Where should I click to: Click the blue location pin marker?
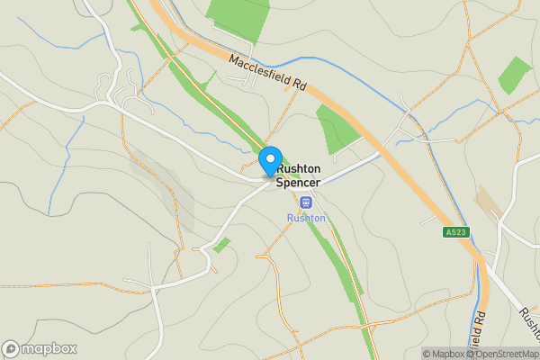[x=269, y=162]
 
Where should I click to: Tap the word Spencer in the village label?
[x=298, y=183]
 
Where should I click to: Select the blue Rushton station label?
[x=306, y=218]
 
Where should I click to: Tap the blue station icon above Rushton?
[x=306, y=202]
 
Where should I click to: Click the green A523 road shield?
[x=457, y=232]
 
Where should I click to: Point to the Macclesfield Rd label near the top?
[x=268, y=74]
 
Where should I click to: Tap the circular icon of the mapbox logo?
[x=11, y=349]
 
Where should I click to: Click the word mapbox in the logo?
[x=49, y=349]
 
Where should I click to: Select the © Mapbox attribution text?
[x=444, y=354]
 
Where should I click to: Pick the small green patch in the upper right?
[x=515, y=76]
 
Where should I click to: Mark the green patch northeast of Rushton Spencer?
[x=336, y=127]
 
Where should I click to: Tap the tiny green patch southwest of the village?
[x=221, y=244]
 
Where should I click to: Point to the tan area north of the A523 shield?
[x=490, y=202]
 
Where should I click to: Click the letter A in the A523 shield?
[x=448, y=232]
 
